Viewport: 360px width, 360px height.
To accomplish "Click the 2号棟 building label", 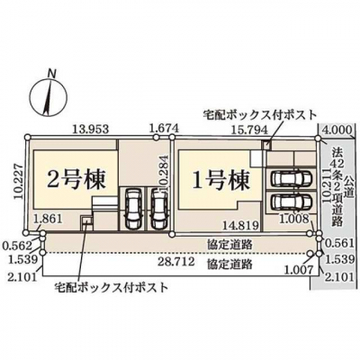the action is (76, 180).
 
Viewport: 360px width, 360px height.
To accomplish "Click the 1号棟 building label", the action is (220, 180).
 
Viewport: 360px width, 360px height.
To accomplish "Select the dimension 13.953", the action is (91, 130).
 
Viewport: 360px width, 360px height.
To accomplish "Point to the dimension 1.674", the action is (164, 129).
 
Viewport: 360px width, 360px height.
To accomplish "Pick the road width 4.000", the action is (337, 130).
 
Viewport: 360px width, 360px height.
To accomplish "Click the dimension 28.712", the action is (176, 262).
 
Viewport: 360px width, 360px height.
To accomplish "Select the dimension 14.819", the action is (242, 225).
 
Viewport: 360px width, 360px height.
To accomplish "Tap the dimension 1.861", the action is (48, 219).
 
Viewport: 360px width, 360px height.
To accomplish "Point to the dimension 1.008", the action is (294, 219).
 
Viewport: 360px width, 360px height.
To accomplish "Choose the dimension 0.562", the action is (17, 247).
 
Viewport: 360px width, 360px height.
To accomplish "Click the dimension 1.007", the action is (299, 271).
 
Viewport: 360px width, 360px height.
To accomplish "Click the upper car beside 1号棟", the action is (291, 179).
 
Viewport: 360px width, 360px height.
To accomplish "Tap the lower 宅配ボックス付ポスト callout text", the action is (111, 288).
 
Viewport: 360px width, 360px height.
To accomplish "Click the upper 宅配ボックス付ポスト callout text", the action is (260, 115).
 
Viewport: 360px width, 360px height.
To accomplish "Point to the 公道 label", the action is (348, 186).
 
